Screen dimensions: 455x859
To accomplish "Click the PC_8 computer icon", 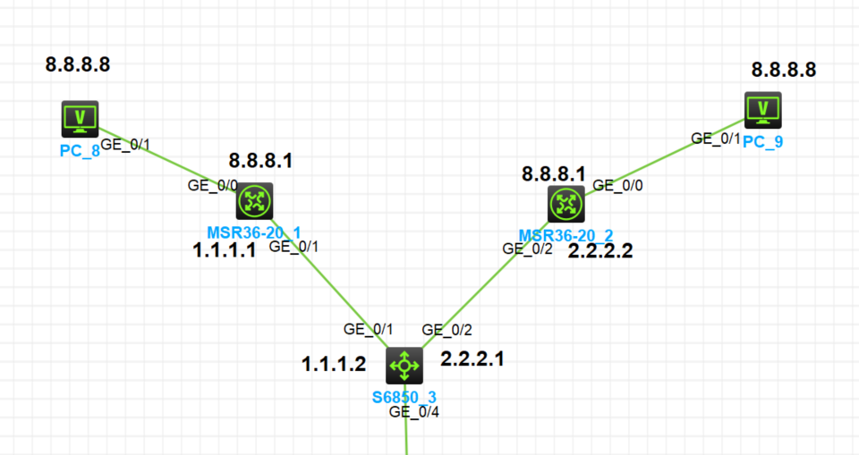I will click(80, 118).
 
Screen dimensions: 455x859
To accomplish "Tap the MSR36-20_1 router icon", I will click(254, 201).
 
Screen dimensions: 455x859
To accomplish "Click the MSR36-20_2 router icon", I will click(566, 204).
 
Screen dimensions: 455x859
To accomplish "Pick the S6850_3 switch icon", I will click(404, 365).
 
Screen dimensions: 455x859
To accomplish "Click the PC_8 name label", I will click(78, 150).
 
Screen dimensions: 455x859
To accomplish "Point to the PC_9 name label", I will click(762, 142).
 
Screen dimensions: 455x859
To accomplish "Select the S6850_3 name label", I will click(404, 394).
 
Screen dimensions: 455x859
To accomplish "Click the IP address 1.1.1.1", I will click(225, 250).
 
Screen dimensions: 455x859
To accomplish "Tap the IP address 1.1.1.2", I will click(334, 364).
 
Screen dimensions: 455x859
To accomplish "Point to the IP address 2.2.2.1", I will click(472, 359).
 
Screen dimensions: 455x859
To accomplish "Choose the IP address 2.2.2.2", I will click(600, 251).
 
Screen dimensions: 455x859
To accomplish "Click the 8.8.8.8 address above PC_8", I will click(78, 64).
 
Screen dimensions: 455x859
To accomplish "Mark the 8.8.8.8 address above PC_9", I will click(784, 70).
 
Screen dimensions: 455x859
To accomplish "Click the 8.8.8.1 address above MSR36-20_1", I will click(260, 161).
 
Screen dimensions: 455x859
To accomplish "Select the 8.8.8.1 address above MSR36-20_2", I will click(554, 173).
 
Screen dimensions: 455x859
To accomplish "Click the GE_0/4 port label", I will click(412, 412).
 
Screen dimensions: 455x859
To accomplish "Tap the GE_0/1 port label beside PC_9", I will click(716, 139).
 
